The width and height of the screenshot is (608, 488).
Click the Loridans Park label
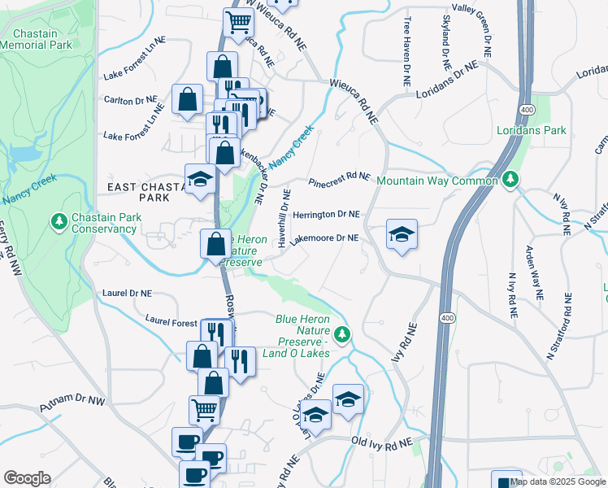(532, 130)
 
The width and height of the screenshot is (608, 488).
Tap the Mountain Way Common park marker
(510, 179)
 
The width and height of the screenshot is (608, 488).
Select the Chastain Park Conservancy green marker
(59, 220)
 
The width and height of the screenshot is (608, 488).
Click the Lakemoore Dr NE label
(324, 238)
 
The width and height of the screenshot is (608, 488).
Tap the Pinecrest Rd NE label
(339, 176)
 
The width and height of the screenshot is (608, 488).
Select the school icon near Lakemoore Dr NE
(402, 235)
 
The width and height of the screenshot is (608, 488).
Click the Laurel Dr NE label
(128, 292)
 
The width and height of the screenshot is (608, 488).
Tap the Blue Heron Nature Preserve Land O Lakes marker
(343, 333)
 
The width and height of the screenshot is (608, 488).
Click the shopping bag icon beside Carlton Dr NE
(188, 100)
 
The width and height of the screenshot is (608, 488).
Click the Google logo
(27, 478)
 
